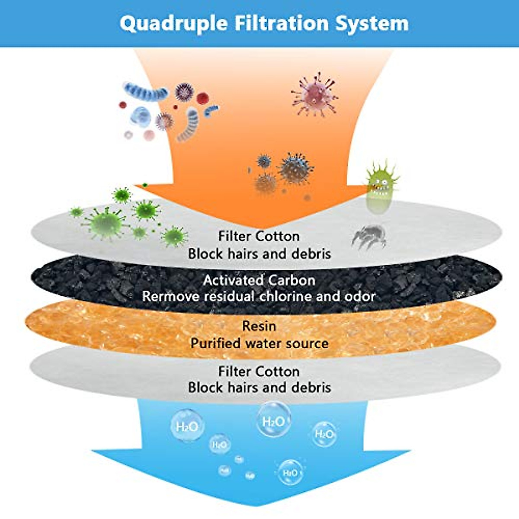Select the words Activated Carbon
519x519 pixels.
point(259,280)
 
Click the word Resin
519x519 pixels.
point(259,326)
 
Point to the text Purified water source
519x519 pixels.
point(259,343)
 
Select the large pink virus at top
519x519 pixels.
point(315,94)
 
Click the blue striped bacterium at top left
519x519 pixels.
point(145,92)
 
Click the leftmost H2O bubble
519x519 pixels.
point(187,426)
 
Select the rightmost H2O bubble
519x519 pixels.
point(324,434)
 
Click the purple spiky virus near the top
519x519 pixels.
point(184,92)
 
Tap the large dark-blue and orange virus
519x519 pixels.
point(295,168)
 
